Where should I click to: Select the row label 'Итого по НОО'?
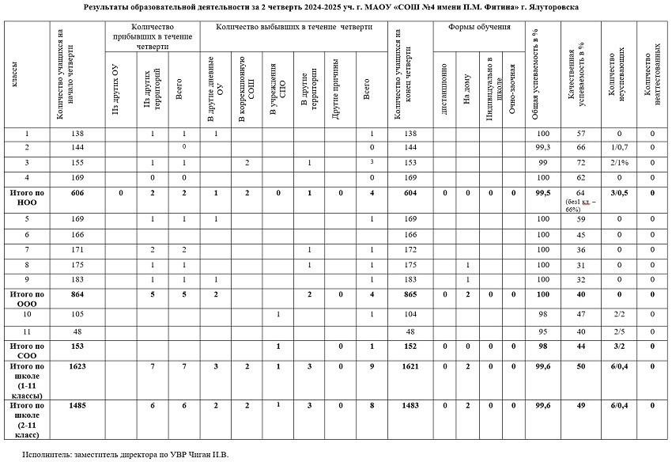click(26, 196)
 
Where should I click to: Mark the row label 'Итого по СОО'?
click(26, 350)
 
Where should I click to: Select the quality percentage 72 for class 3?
click(580, 163)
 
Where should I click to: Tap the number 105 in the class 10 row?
click(77, 314)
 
